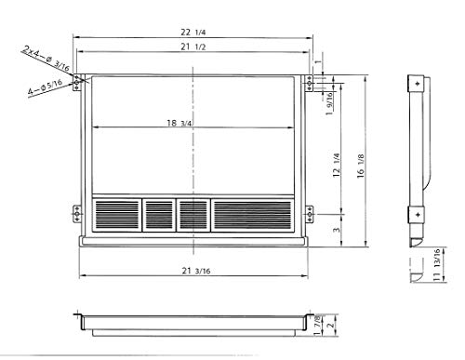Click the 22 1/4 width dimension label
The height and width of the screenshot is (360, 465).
193,32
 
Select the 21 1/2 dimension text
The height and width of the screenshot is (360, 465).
193,47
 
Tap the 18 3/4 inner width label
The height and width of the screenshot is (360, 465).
179,123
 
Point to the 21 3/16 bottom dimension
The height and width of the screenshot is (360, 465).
196,271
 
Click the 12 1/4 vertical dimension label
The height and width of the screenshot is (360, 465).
337,165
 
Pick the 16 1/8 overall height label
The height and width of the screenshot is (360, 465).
361,166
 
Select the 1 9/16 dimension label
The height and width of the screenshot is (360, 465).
329,103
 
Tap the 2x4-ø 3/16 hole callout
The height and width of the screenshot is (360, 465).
46,58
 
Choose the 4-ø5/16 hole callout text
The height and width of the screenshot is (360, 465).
46,87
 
